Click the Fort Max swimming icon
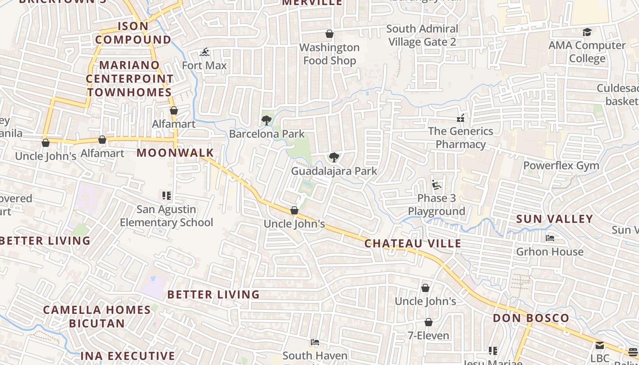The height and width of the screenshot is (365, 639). coord(205,52)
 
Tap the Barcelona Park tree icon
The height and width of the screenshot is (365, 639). coord(267,120)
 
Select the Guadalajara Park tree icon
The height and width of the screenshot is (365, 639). coord(334,157)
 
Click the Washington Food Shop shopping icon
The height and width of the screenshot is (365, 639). coord(329,34)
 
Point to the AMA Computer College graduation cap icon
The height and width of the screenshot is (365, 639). coord(587,32)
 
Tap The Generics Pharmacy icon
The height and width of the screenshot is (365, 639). coord(461,118)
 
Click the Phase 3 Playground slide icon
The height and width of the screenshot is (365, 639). coord(436,185)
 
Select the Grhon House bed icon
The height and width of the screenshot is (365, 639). coord(550,238)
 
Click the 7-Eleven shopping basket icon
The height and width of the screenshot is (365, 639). coord(428,322)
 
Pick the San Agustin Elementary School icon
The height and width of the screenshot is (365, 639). coord(167,196)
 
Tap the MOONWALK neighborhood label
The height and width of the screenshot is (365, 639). coord(175,152)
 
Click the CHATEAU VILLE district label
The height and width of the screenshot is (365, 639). coord(413,243)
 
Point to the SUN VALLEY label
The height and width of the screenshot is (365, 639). coord(554,219)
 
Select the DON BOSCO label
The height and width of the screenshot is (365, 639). coord(531,318)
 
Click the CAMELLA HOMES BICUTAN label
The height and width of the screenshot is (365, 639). coord(97,316)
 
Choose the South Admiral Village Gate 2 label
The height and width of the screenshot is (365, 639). coord(422,35)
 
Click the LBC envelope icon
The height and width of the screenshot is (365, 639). coord(600,345)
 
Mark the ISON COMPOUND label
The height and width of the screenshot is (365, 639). coord(133,33)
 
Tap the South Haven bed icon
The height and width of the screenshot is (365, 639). coord(314,342)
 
